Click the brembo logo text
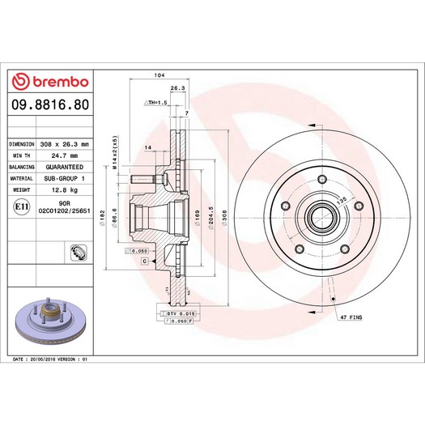point(61,82)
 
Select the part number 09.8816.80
point(50,104)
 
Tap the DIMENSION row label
point(22,144)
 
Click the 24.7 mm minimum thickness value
point(65,155)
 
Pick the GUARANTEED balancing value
point(65,167)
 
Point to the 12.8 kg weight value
point(65,189)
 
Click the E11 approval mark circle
point(21,206)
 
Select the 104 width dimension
point(159,75)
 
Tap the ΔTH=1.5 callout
point(155,103)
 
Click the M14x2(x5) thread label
point(115,152)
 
